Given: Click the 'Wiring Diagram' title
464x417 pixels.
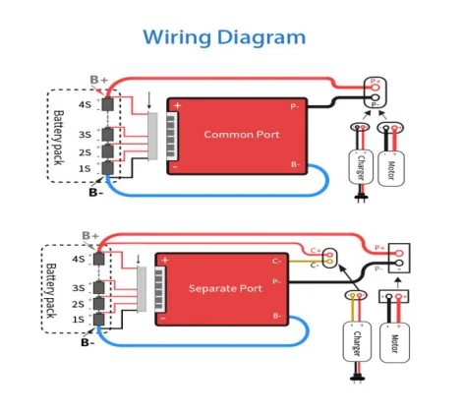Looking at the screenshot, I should coord(224,37).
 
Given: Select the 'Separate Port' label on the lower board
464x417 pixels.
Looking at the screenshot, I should coord(226,288).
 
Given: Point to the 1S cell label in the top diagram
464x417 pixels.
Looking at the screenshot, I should coord(86,169).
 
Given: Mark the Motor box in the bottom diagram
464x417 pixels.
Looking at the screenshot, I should coord(395,345).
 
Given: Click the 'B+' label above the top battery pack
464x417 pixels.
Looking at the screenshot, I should coord(98,79).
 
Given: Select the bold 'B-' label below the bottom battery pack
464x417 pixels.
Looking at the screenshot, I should coord(88,342).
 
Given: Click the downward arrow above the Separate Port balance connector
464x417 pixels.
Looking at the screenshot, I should coord(139,261).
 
